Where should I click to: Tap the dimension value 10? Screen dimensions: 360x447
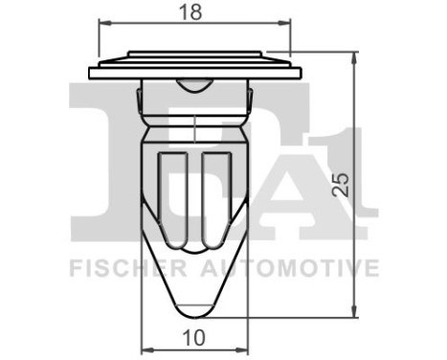click(x=194, y=337)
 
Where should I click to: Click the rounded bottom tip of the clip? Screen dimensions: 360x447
click(x=195, y=312)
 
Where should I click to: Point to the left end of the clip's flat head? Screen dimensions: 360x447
click(x=91, y=73)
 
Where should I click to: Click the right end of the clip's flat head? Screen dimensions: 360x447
click(x=300, y=73)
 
